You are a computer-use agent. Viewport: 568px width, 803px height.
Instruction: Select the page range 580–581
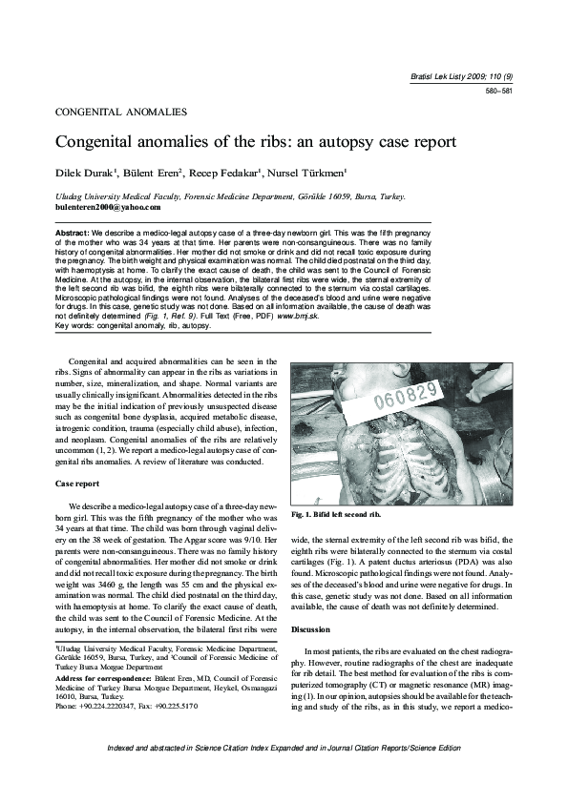pyautogui.click(x=499, y=92)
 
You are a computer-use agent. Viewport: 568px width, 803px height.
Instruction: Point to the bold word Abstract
pyautogui.click(x=73, y=232)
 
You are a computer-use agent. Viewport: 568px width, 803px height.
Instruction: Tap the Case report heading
pyautogui.click(x=77, y=484)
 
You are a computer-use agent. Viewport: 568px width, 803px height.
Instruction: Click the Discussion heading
pyautogui.click(x=311, y=630)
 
